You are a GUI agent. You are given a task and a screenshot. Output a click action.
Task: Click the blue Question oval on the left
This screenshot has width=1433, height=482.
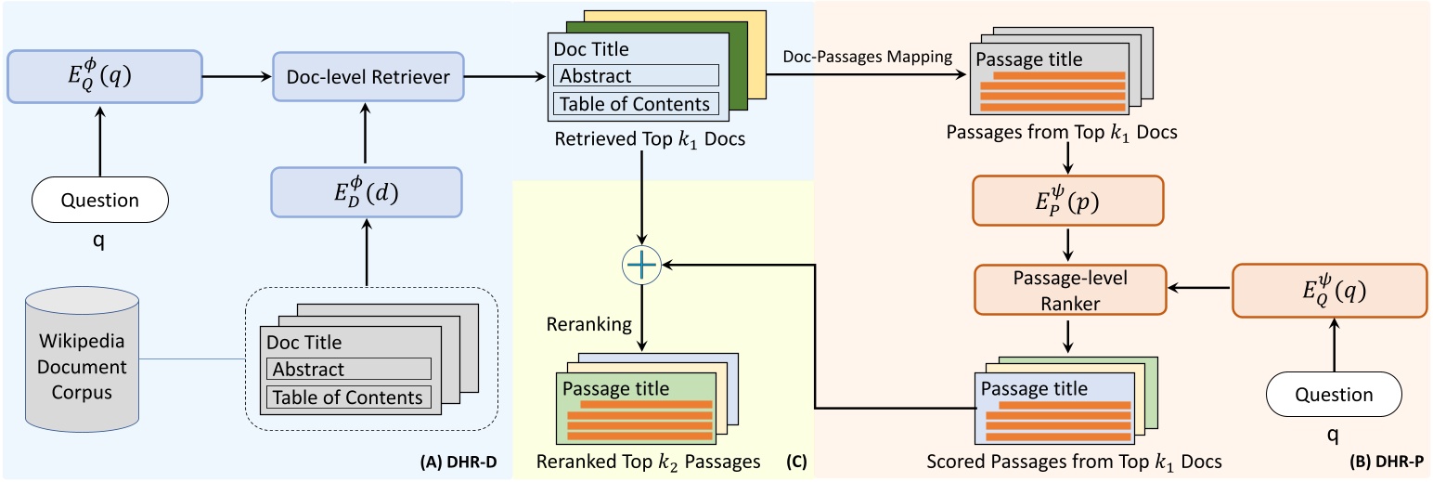(100, 201)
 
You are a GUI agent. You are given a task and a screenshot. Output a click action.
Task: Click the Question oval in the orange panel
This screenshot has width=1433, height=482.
(1333, 395)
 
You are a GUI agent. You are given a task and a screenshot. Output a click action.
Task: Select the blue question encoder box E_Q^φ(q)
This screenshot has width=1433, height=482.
(104, 75)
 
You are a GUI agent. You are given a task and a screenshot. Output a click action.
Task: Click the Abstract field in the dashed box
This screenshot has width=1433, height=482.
(349, 369)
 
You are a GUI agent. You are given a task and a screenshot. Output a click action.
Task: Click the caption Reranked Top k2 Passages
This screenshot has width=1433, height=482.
(648, 461)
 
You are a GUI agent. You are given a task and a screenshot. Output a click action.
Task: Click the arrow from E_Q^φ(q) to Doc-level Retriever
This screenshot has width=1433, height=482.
(237, 75)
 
